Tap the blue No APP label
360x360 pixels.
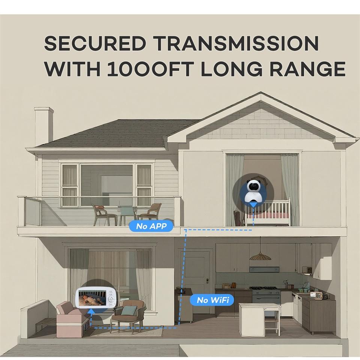[x=151, y=226]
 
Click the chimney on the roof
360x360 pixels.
[x=44, y=126]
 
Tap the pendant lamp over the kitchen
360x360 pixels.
[x=260, y=256]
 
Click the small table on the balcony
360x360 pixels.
[x=124, y=216]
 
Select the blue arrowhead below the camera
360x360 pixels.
[x=254, y=204]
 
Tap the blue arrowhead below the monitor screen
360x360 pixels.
[x=91, y=310]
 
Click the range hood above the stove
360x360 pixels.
[x=264, y=269]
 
